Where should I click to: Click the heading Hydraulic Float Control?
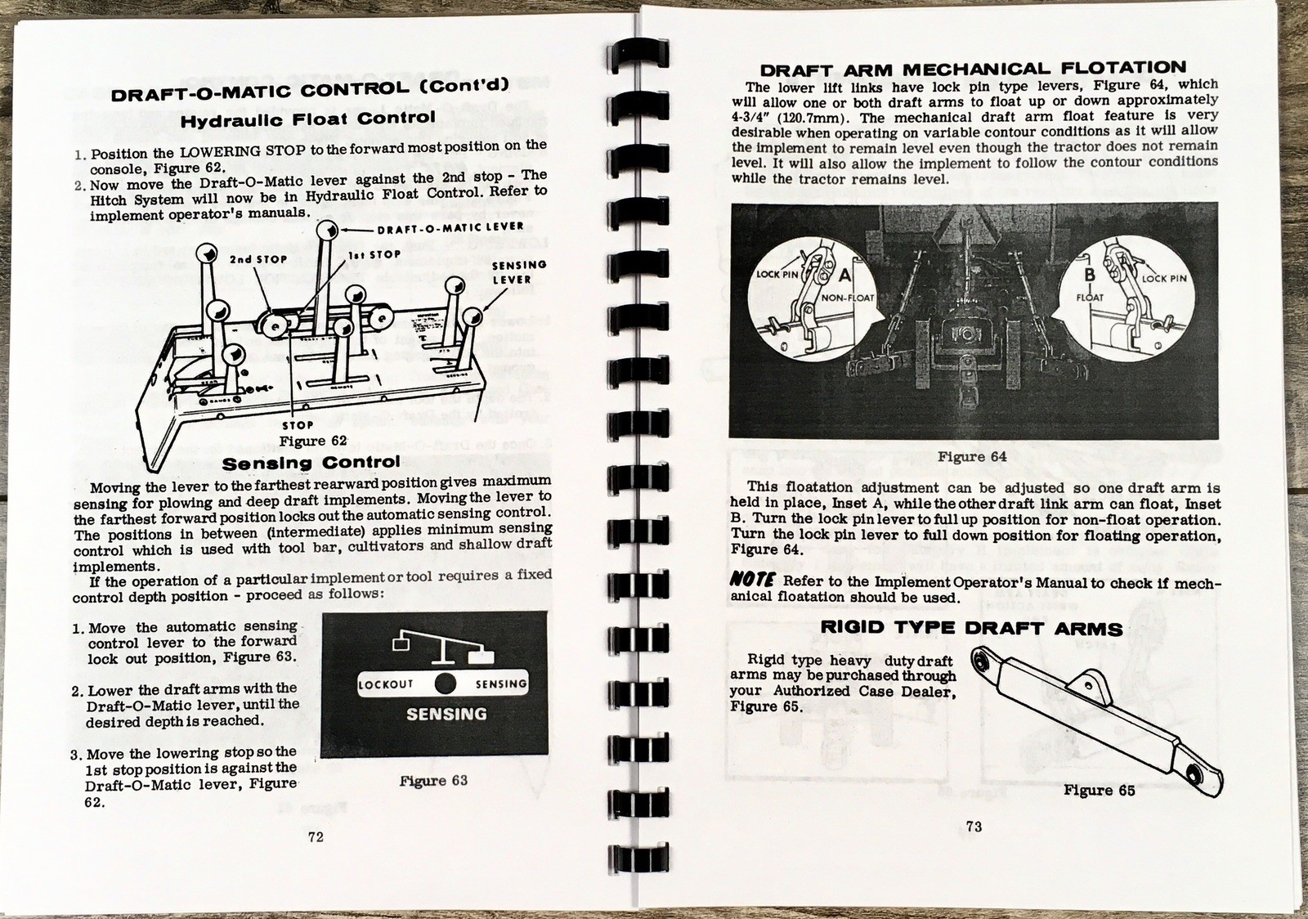[307, 119]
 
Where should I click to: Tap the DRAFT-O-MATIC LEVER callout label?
[450, 227]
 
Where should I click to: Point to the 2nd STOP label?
[258, 259]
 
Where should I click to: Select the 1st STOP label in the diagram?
[374, 254]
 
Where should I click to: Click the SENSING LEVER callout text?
[517, 272]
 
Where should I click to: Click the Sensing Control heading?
[311, 463]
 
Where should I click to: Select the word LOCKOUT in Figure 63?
[386, 684]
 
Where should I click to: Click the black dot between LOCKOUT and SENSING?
[446, 684]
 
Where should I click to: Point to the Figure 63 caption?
[433, 781]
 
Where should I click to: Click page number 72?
[315, 836]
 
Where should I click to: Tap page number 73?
[973, 827]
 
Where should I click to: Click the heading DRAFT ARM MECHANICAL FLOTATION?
[972, 69]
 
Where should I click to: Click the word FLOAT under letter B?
[1090, 297]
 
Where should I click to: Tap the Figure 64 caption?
[972, 457]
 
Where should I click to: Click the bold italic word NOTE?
[752, 581]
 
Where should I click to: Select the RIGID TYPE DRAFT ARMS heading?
[970, 628]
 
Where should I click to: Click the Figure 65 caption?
[1099, 791]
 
